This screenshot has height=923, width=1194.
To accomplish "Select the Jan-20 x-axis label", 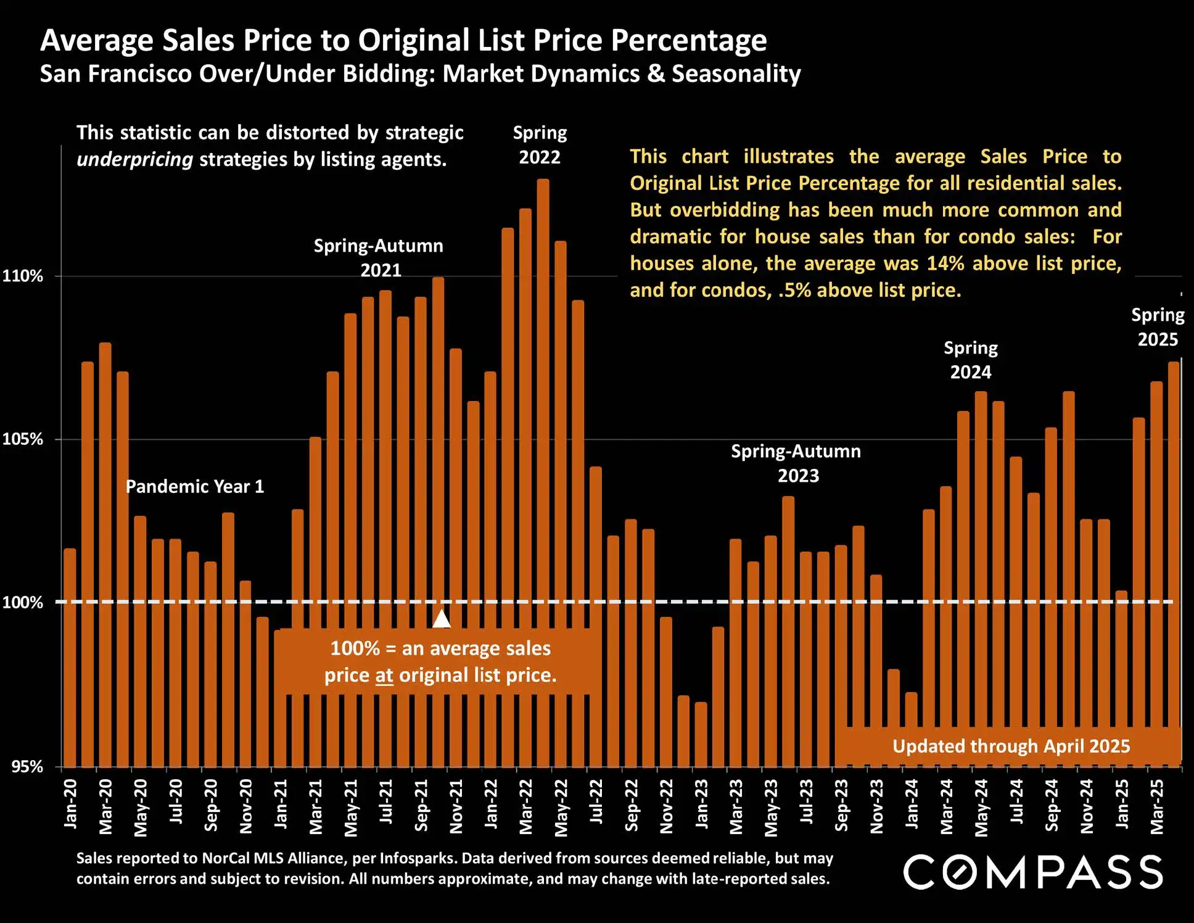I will pyautogui.click(x=71, y=803).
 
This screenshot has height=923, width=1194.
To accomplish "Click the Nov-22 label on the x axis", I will pyautogui.click(x=667, y=806).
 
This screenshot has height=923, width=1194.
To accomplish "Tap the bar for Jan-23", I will pyautogui.click(x=701, y=734).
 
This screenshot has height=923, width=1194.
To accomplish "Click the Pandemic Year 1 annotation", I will pyautogui.click(x=195, y=486).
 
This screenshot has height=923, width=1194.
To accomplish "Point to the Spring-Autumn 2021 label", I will pyautogui.click(x=379, y=258).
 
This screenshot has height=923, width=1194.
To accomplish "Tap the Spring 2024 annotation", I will pyautogui.click(x=971, y=360).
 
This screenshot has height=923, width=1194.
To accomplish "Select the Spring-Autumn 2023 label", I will pyautogui.click(x=796, y=463).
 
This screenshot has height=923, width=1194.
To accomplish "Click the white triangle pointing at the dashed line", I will pyautogui.click(x=442, y=618).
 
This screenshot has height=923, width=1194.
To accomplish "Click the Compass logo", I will pyautogui.click(x=1033, y=872).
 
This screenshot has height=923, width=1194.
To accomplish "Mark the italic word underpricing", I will pyautogui.click(x=135, y=159).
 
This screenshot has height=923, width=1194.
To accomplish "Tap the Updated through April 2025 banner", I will pyautogui.click(x=1011, y=746).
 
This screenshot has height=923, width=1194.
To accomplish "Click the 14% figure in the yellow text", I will pyautogui.click(x=945, y=263).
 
